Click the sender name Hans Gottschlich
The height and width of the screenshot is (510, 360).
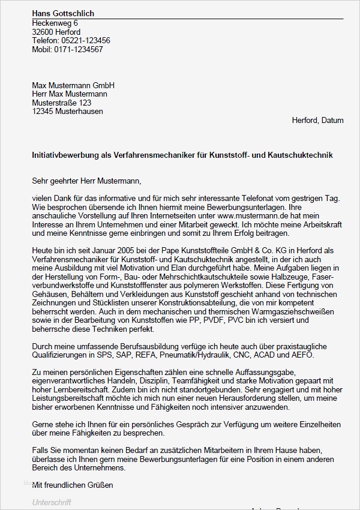tap(63, 14)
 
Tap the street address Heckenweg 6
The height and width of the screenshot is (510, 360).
tap(55, 23)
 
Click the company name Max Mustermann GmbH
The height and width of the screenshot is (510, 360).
tap(73, 85)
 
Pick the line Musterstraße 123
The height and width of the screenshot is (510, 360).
tap(62, 103)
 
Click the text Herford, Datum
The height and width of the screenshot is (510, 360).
tap(317, 120)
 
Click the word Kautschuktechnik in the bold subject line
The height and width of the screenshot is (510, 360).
tap(306, 155)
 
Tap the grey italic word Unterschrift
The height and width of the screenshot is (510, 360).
tap(52, 503)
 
